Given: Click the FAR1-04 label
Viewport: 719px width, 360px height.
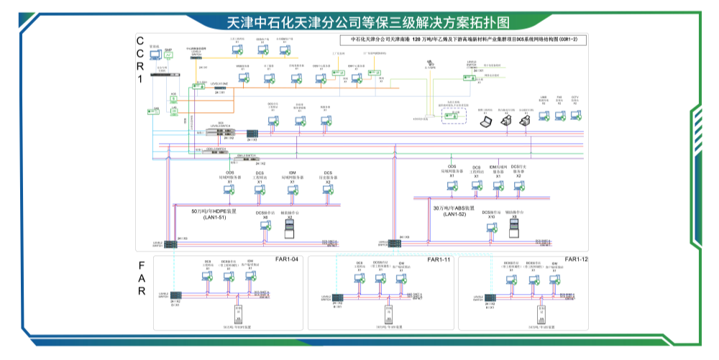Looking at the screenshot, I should [286, 259].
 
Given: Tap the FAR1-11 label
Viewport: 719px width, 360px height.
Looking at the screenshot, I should [438, 259].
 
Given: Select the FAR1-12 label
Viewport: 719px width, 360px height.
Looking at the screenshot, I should [575, 259].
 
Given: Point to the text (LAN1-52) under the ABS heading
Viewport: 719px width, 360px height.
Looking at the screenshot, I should [454, 214].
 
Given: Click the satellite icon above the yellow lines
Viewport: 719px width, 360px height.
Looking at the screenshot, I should [430, 63].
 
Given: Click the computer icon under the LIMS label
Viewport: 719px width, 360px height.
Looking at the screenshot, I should [544, 114].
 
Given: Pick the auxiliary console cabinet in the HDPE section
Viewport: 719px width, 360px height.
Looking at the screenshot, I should [290, 229].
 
